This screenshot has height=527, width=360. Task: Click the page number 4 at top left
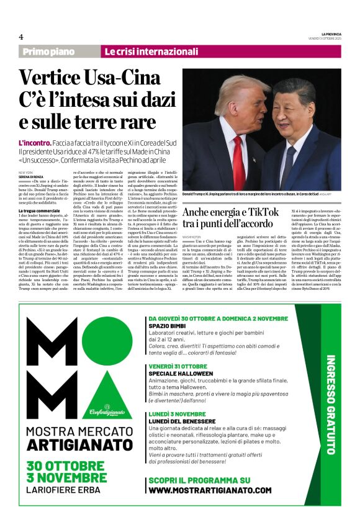point(21,37)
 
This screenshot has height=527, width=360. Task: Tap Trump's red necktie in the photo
point(238,162)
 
